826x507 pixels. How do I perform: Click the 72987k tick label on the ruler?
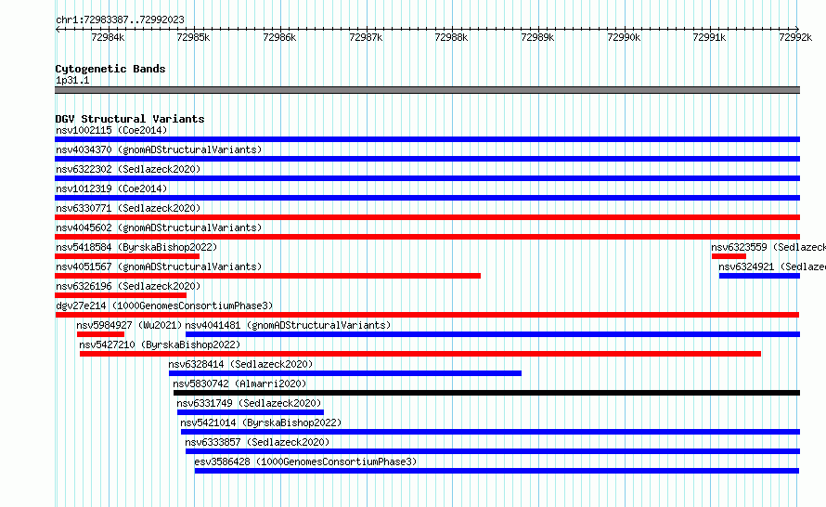point(366,37)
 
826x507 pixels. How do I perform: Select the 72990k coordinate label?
point(624,37)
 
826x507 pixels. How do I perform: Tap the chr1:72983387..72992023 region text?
point(120,20)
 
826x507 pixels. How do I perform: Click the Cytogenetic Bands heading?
point(110,69)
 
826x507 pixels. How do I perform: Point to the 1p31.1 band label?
point(72,80)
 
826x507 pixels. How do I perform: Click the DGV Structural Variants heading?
point(130,119)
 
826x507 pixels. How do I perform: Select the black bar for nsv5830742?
point(486,393)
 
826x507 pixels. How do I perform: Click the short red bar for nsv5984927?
point(100,334)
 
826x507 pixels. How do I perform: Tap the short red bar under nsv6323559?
point(729,256)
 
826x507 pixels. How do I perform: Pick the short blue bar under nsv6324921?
point(759,276)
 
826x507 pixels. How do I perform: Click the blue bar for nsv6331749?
point(251,412)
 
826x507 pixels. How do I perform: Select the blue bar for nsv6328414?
point(345,373)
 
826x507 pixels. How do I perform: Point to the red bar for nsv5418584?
point(127,256)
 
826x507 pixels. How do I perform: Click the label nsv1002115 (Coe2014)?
point(111,130)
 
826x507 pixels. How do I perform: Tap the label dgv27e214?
point(81,305)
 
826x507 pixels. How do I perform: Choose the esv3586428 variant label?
point(223,461)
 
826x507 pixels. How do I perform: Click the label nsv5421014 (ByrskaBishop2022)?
point(261,422)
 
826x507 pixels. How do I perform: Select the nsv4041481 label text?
point(213,325)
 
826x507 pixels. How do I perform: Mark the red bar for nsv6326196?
point(121,295)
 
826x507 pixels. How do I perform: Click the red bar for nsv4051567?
point(267,276)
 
